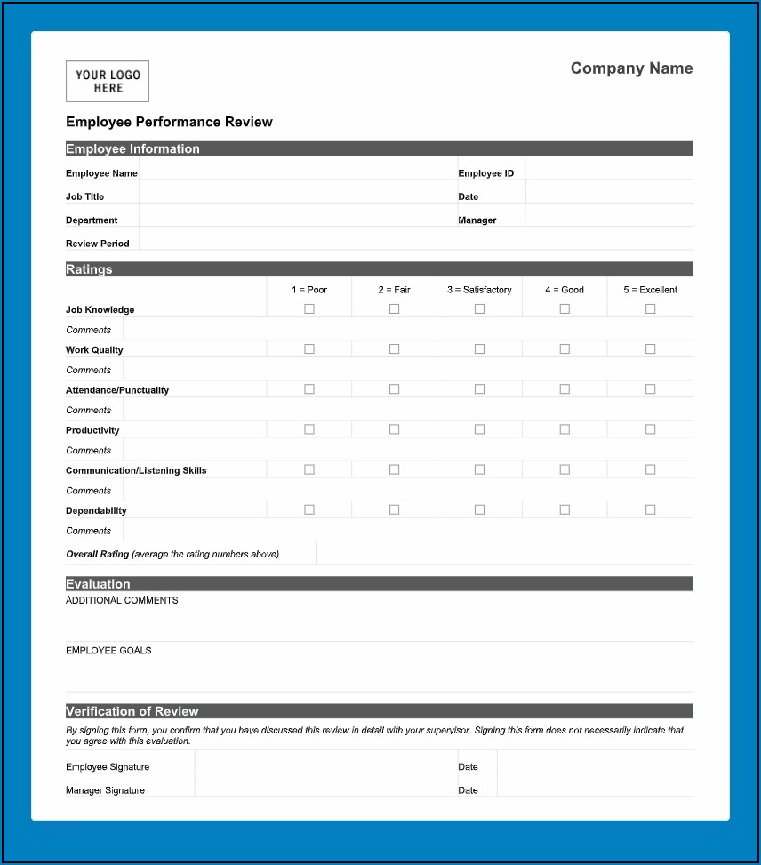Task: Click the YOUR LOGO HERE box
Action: pyautogui.click(x=108, y=82)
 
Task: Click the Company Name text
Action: pyautogui.click(x=631, y=68)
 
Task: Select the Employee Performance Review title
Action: pyautogui.click(x=169, y=122)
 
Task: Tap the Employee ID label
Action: pyautogui.click(x=485, y=173)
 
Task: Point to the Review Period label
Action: pyautogui.click(x=98, y=244)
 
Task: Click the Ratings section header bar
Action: pyautogui.click(x=379, y=269)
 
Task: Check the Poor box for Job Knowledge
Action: pyautogui.click(x=309, y=309)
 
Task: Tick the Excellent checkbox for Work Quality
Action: pyautogui.click(x=650, y=349)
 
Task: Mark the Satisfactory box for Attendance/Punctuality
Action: pyautogui.click(x=479, y=389)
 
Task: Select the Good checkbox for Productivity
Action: pyautogui.click(x=565, y=429)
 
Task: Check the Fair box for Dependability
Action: pyautogui.click(x=394, y=509)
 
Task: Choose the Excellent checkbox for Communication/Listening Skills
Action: pyautogui.click(x=650, y=469)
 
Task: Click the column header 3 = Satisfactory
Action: pyautogui.click(x=479, y=290)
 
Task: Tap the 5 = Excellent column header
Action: pyautogui.click(x=650, y=290)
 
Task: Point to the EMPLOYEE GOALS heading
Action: pyautogui.click(x=108, y=651)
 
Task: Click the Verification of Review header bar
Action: pyautogui.click(x=379, y=711)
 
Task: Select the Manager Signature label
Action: pyautogui.click(x=105, y=790)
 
